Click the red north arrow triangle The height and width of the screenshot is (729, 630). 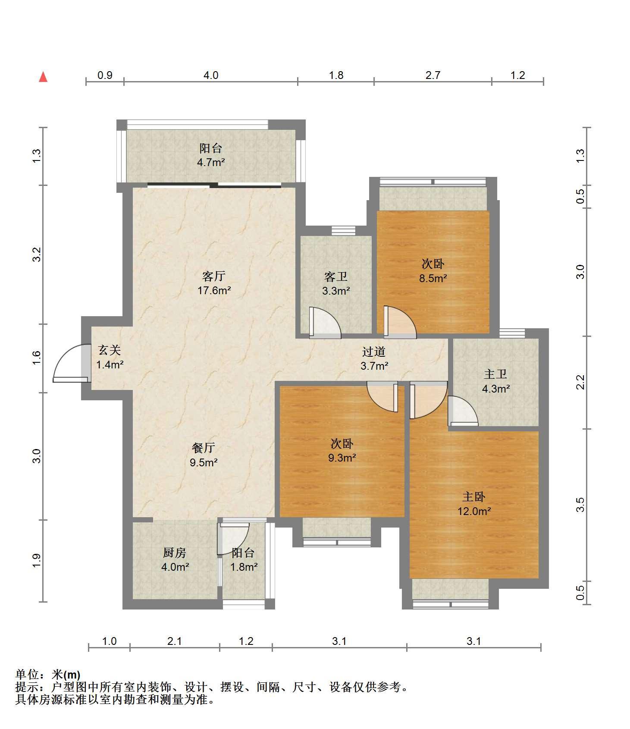click(x=43, y=77)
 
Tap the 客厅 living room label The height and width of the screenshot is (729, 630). click(x=214, y=276)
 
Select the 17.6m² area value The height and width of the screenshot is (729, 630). click(x=214, y=290)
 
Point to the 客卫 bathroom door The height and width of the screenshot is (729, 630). click(x=325, y=322)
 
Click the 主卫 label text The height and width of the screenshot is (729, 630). click(x=495, y=374)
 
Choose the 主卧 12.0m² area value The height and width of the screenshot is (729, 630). click(x=474, y=512)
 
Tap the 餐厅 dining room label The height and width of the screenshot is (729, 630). click(x=204, y=448)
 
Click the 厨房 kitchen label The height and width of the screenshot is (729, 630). click(x=175, y=553)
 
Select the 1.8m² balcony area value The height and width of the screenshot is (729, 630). click(x=244, y=567)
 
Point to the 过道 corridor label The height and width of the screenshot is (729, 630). click(x=374, y=352)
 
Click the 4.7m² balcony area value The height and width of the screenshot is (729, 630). click(x=211, y=163)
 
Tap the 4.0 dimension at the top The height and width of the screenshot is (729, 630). click(x=211, y=75)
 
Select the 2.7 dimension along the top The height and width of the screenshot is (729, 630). click(x=433, y=75)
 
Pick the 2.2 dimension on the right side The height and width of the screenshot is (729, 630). click(x=580, y=382)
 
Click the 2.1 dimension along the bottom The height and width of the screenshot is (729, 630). click(x=175, y=641)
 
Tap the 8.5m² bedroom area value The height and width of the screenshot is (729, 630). click(x=433, y=278)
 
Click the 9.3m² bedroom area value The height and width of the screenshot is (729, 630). click(x=342, y=458)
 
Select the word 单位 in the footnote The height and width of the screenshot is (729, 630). click(x=27, y=675)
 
